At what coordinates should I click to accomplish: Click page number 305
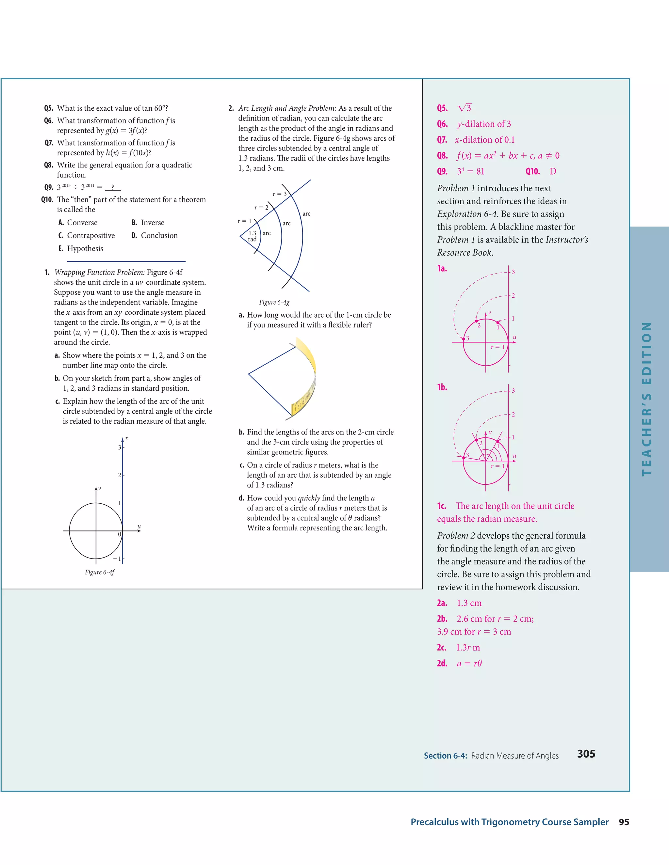586,754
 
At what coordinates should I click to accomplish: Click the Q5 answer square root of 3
465,108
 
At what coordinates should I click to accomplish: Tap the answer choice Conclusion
159,235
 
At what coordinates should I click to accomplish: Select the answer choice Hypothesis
85,248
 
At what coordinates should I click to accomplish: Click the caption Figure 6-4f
100,572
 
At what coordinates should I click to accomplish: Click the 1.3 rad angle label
253,236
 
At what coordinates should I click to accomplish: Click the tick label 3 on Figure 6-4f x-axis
119,447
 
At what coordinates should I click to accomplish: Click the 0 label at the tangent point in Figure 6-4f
119,534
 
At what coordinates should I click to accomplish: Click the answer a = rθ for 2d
469,663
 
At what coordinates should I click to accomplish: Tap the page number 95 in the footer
624,822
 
